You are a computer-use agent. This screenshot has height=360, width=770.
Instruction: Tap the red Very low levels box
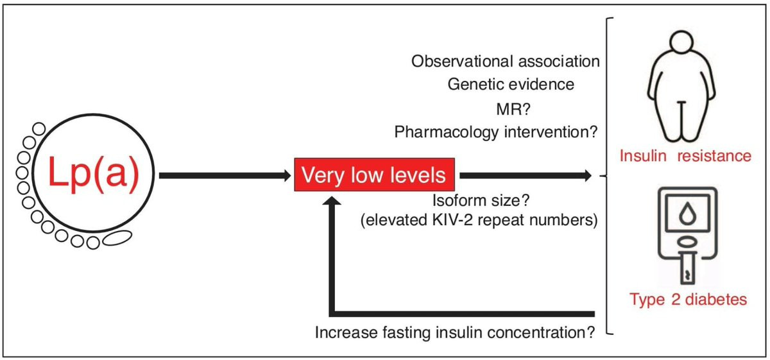point(374,175)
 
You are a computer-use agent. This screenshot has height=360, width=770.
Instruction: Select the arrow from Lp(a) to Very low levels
point(225,176)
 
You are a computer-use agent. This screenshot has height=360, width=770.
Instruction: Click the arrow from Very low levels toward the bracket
point(526,176)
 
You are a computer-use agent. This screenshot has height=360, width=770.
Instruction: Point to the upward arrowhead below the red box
point(332,201)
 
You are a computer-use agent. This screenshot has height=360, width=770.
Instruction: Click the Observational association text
point(506,62)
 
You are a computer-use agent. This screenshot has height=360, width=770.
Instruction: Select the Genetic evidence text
point(511,85)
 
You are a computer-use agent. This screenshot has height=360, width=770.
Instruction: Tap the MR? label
point(513,109)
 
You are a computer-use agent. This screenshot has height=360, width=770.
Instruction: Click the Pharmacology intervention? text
point(496,132)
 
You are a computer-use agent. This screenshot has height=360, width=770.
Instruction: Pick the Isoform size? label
point(481,200)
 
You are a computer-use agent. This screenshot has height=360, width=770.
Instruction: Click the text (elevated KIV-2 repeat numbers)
point(479,220)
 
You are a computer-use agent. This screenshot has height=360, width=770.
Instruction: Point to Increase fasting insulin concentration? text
point(455,332)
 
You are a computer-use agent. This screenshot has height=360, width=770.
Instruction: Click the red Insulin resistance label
point(685,156)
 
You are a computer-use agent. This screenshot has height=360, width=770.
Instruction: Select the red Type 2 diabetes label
point(688,300)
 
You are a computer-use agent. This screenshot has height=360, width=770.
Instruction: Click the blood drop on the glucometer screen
point(687,214)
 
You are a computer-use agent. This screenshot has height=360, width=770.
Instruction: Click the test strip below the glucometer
point(687,268)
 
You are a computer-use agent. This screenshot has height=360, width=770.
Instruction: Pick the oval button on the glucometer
point(687,243)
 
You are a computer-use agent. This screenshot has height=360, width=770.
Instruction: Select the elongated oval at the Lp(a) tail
point(117,238)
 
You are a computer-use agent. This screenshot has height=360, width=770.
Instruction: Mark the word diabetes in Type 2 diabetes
point(716,300)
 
